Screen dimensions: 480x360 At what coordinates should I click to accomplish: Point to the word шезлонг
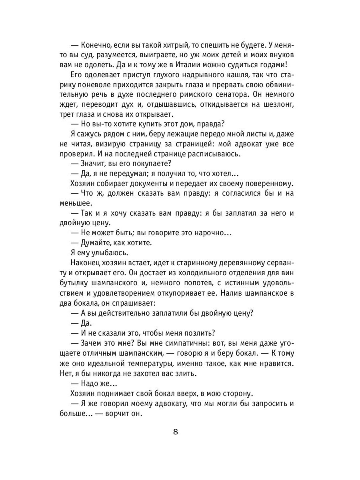pyautogui.click(x=276, y=104)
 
